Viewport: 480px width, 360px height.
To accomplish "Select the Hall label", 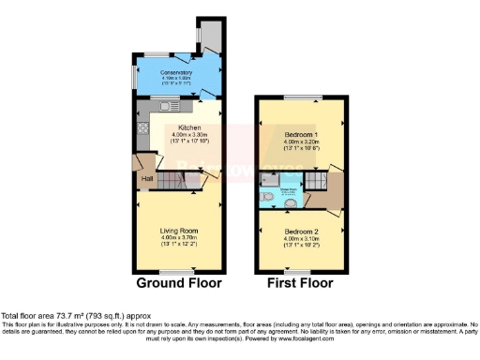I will (x=147, y=178).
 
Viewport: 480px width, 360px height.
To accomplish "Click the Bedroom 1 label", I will (x=302, y=135).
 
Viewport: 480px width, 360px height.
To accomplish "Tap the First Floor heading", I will (x=302, y=282).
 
